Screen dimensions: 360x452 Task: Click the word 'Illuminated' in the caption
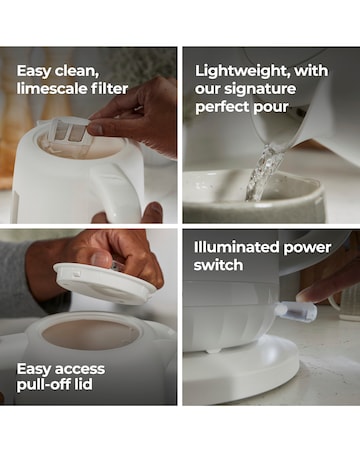click(x=236, y=247)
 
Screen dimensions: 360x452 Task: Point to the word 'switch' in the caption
click(x=218, y=265)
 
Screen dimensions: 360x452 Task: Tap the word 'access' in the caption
click(x=79, y=369)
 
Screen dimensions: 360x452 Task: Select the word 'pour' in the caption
click(x=271, y=108)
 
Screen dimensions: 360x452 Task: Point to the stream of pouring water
click(x=263, y=172)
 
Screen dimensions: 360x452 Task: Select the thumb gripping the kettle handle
click(x=152, y=212)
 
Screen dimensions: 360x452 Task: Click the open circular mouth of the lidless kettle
click(x=90, y=334)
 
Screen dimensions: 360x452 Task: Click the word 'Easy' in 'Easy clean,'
click(x=33, y=71)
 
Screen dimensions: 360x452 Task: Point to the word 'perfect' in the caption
click(x=222, y=107)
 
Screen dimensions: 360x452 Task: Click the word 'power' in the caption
click(x=307, y=248)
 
